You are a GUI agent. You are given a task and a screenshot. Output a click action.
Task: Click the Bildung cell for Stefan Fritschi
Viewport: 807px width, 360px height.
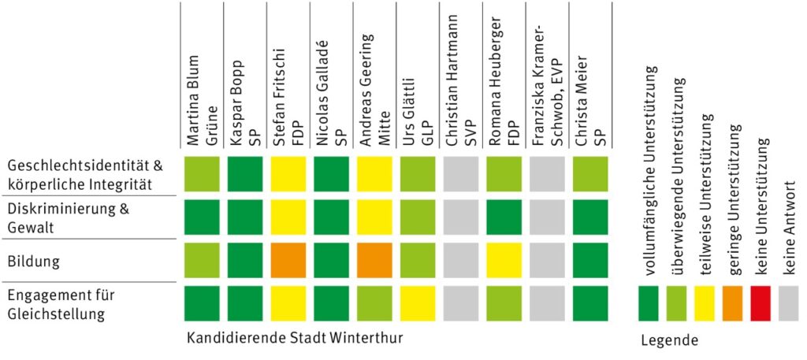coord(288,261)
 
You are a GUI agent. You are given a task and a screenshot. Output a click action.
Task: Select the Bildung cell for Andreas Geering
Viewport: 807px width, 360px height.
coord(374,261)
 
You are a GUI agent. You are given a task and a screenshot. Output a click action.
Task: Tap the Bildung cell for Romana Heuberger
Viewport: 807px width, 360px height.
coord(504,261)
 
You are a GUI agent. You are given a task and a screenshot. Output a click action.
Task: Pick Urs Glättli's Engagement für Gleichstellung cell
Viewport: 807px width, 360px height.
coord(417,303)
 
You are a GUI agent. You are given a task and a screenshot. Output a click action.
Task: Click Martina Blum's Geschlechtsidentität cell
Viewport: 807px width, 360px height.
coord(202,175)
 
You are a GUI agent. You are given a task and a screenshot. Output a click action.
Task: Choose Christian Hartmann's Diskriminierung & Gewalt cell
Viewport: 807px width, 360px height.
coord(460,218)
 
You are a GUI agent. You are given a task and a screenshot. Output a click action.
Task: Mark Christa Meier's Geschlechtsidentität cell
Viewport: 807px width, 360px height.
coord(589,175)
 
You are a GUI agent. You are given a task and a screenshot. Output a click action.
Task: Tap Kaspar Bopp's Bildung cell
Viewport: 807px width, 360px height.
coord(245,261)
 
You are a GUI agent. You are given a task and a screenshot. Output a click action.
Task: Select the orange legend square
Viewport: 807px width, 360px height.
coord(732,303)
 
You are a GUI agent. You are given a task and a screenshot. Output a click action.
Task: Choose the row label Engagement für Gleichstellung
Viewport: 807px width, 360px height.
coord(61,303)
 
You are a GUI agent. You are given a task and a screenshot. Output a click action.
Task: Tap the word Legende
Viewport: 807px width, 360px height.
coord(669,340)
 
